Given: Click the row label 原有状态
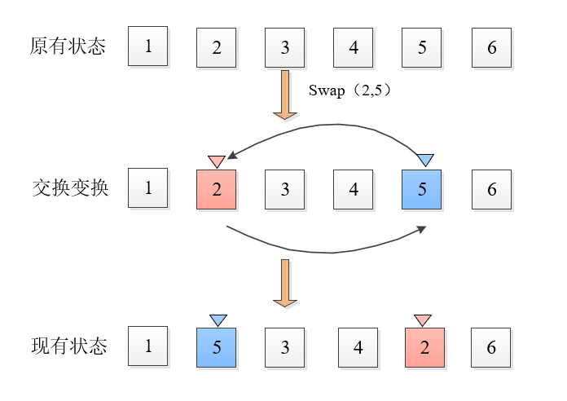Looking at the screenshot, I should tap(68, 46).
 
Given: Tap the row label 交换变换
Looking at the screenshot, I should tap(69, 188).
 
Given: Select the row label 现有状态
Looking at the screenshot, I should tap(68, 346).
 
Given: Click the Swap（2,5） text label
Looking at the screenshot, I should tap(351, 90).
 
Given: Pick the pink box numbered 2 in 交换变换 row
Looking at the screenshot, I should tap(217, 189).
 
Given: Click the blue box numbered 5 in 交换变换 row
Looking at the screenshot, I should tap(422, 189).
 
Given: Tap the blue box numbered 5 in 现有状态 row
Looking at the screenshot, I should tap(217, 347).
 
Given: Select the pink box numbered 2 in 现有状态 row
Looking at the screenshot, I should tap(424, 347).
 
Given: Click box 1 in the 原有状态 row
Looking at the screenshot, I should tap(148, 46).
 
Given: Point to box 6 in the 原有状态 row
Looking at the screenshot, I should tap(492, 47).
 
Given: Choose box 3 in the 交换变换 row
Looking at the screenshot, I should tap(285, 189).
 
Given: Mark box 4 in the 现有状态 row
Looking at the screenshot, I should tap(358, 347).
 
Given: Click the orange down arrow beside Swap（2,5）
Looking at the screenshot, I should tap(285, 95).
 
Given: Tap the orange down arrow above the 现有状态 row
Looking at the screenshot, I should tap(285, 284).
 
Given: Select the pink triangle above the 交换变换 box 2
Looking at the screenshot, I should tap(217, 160).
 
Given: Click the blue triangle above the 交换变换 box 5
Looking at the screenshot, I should tap(425, 159).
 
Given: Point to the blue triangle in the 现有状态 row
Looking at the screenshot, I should tap(218, 319).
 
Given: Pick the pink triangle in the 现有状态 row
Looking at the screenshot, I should tap(422, 319).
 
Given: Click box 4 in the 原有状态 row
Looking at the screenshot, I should tap(354, 47).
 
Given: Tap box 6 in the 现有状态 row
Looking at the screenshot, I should tap(492, 347).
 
